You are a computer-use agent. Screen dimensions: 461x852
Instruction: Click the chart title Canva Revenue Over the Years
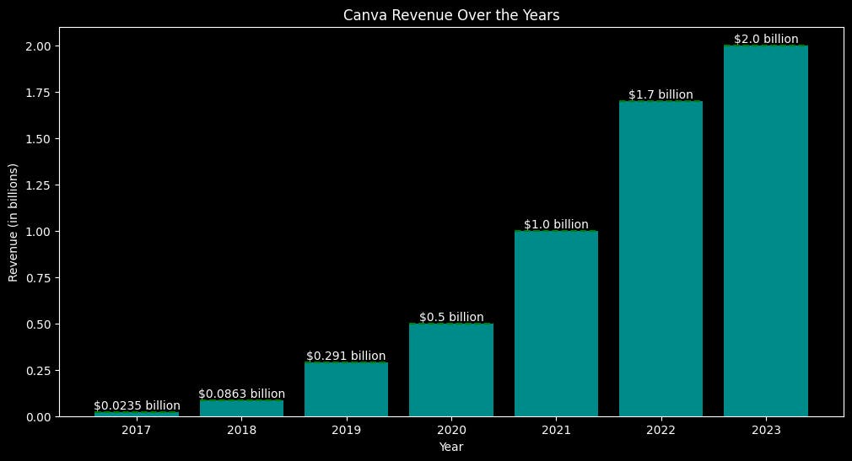tap(451, 14)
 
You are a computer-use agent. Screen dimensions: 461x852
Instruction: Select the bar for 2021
tap(556, 324)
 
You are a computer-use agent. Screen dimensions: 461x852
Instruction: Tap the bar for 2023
tap(766, 231)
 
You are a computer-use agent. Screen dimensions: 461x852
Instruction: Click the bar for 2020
tap(451, 370)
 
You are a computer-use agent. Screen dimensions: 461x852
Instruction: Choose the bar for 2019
tap(346, 389)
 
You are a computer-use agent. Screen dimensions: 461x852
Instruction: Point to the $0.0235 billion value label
tap(137, 405)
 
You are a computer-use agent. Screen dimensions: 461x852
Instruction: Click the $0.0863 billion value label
tap(241, 394)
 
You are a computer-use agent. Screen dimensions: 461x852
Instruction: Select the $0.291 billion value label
tap(346, 356)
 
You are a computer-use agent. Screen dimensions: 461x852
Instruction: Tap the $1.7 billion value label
tap(661, 94)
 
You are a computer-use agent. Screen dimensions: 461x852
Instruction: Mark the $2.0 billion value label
tap(766, 39)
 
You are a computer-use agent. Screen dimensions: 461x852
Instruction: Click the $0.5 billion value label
tap(451, 317)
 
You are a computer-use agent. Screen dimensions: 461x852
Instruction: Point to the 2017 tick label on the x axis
tap(137, 431)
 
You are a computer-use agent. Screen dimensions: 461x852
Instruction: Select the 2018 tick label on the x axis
tap(241, 431)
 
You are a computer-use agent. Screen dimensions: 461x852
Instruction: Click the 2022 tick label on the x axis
tap(661, 431)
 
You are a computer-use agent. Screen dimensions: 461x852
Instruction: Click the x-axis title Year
tap(451, 447)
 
